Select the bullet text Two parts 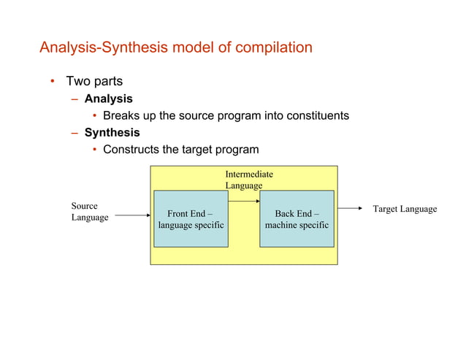click(x=94, y=81)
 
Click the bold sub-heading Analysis click(x=108, y=98)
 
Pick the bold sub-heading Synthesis click(x=112, y=133)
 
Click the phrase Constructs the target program click(x=180, y=150)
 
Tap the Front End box click(x=191, y=218)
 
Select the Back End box click(x=297, y=218)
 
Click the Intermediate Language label click(x=248, y=180)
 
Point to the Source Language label click(x=89, y=212)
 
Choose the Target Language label click(x=405, y=209)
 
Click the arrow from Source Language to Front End click(x=133, y=215)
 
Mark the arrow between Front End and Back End click(x=244, y=201)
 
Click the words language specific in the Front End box click(x=191, y=225)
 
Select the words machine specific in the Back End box click(x=297, y=225)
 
